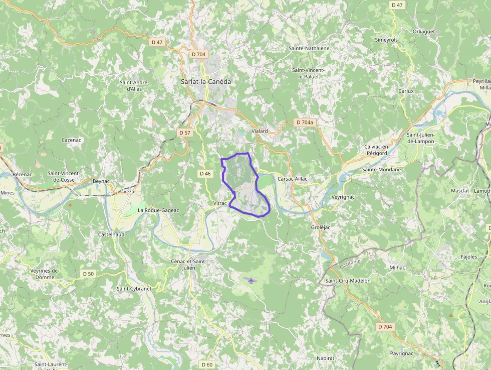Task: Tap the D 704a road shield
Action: point(304,122)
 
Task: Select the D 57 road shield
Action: point(185,133)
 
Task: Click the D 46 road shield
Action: point(205,174)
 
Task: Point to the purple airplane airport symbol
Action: point(251,280)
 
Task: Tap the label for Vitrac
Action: point(220,203)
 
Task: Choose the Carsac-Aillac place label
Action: point(292,179)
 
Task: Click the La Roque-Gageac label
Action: point(158,210)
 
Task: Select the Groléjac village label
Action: point(320,227)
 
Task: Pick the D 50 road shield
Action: point(88,274)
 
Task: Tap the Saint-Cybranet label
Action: point(134,289)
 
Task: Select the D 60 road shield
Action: point(207,364)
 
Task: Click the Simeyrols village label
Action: point(386,40)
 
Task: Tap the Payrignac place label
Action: point(402,353)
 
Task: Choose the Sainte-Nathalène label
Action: point(309,48)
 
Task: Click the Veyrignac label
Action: point(343,197)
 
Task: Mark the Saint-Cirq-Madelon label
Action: point(348,281)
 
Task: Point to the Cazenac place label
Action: point(72,140)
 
